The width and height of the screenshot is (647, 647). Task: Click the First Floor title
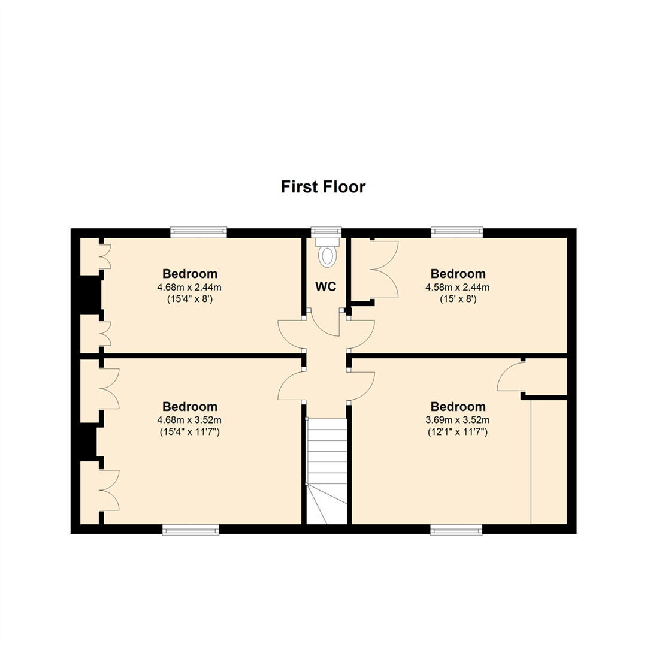click(323, 187)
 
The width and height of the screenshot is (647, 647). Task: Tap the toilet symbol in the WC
click(327, 256)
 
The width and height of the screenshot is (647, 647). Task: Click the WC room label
click(325, 287)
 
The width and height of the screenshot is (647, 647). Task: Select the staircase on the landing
click(326, 471)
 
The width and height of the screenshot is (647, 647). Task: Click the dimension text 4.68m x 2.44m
click(190, 287)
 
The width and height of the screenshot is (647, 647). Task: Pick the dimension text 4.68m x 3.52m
click(190, 419)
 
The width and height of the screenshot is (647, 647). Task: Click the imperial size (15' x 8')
click(458, 299)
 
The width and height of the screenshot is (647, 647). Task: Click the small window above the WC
click(326, 231)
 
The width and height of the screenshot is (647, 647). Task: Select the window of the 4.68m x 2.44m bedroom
click(198, 232)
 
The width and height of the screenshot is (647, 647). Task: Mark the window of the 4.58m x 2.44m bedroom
click(457, 232)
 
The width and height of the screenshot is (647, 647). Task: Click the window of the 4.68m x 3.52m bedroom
click(191, 529)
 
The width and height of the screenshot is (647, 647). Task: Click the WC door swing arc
click(324, 326)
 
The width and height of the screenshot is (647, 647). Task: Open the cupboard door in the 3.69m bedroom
click(510, 377)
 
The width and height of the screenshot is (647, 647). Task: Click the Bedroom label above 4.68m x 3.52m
click(190, 407)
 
